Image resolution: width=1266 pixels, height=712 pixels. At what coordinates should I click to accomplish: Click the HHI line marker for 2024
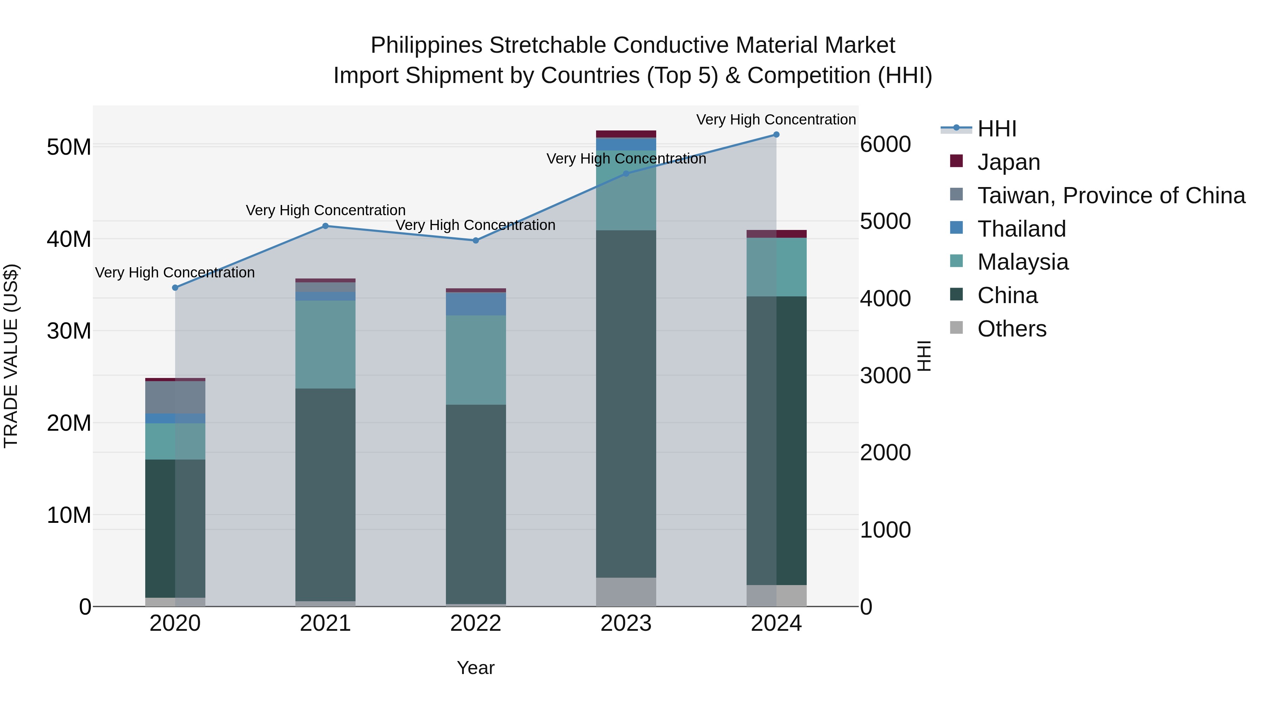pyautogui.click(x=776, y=135)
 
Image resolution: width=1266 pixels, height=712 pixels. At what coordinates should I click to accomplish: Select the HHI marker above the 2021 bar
pyautogui.click(x=325, y=226)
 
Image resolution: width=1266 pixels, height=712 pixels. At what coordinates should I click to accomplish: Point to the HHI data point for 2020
pyautogui.click(x=175, y=288)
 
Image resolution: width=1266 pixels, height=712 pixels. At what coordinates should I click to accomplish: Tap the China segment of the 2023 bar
pyautogui.click(x=626, y=403)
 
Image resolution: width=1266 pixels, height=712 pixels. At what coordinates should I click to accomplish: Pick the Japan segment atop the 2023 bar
pyautogui.click(x=626, y=134)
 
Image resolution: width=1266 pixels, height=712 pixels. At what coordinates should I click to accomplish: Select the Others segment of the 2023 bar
pyautogui.click(x=626, y=592)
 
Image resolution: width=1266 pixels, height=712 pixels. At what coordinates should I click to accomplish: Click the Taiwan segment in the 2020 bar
pyautogui.click(x=175, y=397)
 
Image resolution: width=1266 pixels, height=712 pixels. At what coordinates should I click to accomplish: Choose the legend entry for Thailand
pyautogui.click(x=1021, y=229)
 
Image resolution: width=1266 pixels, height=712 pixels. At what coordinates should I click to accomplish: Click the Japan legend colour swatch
pyautogui.click(x=957, y=161)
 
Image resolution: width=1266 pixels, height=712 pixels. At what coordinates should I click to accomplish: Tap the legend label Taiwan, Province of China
pyautogui.click(x=1111, y=195)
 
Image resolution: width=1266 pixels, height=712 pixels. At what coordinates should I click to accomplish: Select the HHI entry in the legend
pyautogui.click(x=997, y=129)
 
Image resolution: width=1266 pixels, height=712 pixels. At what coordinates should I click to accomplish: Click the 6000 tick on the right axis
pyautogui.click(x=885, y=145)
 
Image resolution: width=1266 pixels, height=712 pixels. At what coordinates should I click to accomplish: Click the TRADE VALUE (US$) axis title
pyautogui.click(x=11, y=356)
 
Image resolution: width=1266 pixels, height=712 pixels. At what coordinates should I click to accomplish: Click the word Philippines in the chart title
pyautogui.click(x=426, y=45)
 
